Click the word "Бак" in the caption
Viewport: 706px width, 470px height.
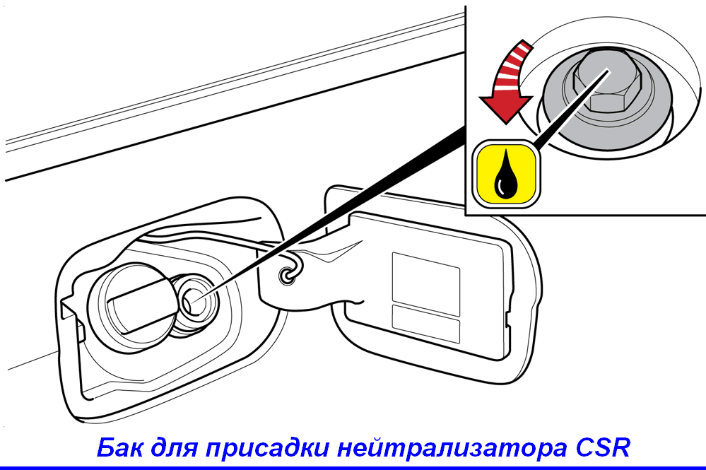click(119, 447)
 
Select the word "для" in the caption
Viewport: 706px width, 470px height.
click(174, 448)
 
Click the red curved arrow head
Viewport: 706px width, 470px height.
click(506, 109)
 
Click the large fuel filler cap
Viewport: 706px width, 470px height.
click(131, 307)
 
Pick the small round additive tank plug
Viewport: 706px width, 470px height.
click(194, 300)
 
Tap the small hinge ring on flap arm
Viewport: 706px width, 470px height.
click(287, 275)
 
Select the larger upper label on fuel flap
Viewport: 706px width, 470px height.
click(426, 283)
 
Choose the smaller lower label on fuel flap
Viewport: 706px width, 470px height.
click(426, 324)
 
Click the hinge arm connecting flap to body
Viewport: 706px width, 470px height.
click(311, 275)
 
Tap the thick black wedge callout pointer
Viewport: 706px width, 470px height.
click(332, 211)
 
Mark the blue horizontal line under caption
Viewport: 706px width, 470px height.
click(353, 468)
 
